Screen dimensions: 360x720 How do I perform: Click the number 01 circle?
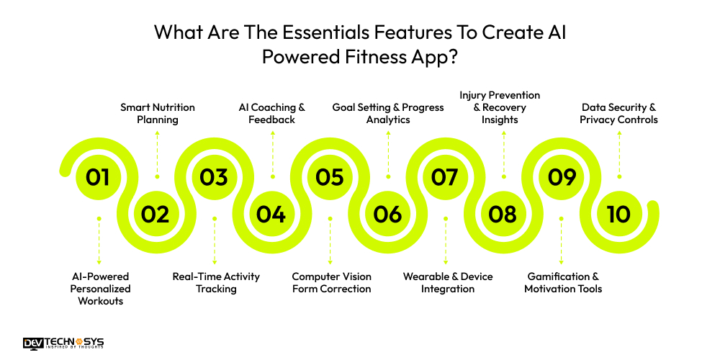point(98,177)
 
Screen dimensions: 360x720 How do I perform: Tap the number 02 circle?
point(156,214)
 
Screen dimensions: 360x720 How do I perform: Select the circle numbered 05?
point(330,177)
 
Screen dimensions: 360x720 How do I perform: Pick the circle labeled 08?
point(503,214)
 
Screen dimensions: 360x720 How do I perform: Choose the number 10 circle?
point(618,214)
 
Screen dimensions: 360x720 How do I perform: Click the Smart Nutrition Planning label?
point(157,114)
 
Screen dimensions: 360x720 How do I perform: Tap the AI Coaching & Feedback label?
point(272,114)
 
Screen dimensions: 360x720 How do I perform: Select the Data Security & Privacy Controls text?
point(618,114)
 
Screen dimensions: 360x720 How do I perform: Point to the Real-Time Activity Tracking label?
point(216,282)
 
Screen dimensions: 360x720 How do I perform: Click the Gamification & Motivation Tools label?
point(563,282)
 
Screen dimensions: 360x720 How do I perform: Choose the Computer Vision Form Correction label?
point(331,282)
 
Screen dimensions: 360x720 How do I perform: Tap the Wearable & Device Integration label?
point(448,282)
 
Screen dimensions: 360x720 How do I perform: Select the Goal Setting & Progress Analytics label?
point(388,114)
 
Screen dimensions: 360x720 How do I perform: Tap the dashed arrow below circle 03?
point(214,240)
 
